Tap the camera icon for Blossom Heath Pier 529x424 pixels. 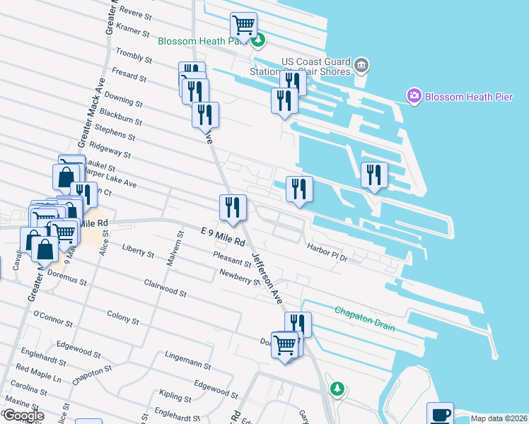(414, 95)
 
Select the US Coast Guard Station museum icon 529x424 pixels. (361, 66)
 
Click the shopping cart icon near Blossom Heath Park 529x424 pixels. (243, 25)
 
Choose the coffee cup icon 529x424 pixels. (440, 414)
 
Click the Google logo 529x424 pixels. (23, 416)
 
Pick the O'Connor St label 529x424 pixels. (53, 319)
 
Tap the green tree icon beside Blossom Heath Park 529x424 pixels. (259, 40)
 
